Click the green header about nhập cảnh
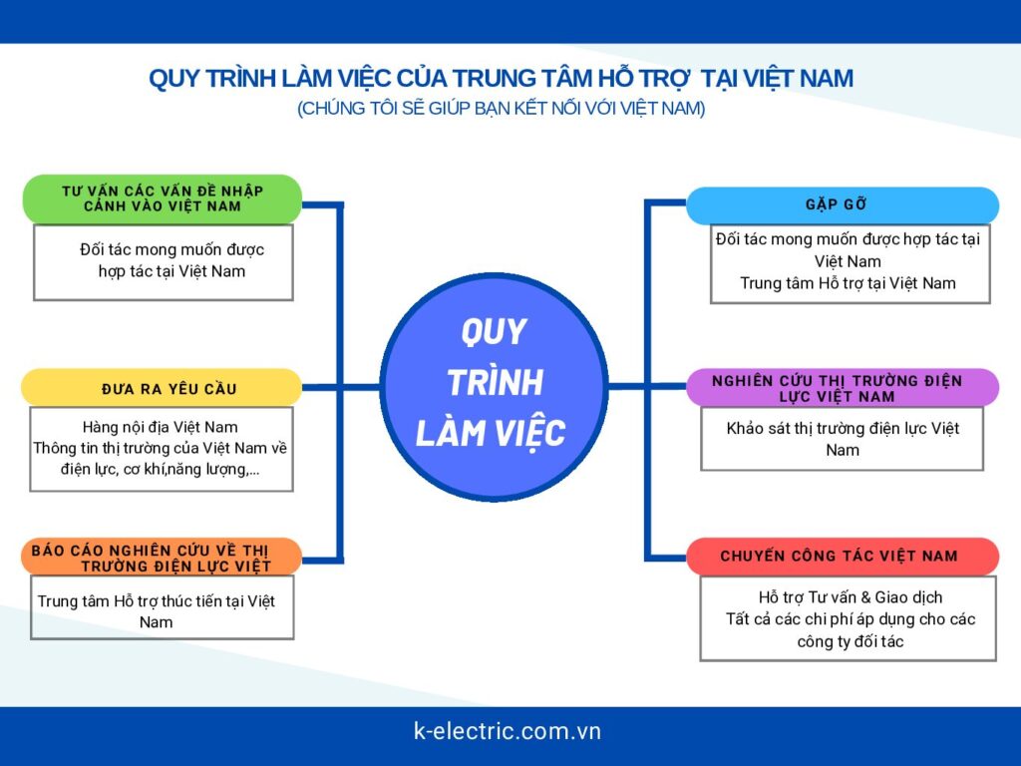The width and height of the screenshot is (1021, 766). (163, 198)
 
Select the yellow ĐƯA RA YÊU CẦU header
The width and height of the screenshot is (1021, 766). (162, 388)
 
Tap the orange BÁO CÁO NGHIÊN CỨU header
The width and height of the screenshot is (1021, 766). (162, 557)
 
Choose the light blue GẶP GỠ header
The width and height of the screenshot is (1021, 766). (843, 205)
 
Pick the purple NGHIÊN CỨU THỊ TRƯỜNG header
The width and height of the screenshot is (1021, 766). (843, 388)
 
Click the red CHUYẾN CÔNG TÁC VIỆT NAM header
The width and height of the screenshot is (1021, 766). (843, 557)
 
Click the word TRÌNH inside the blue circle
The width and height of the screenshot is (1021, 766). (495, 382)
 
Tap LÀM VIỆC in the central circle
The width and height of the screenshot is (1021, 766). (491, 433)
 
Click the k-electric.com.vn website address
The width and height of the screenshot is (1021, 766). (508, 731)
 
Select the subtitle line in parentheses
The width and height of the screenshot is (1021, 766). (501, 108)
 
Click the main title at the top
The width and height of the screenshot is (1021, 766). (501, 78)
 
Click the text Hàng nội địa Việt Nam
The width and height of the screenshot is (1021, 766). (161, 427)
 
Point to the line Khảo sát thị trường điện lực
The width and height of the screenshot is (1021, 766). (843, 428)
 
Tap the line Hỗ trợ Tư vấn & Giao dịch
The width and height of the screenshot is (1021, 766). (851, 597)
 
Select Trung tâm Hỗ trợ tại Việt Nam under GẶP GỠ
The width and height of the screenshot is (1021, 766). (848, 283)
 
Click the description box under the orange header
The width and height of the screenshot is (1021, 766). (163, 607)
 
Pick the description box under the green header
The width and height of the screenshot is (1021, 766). (164, 262)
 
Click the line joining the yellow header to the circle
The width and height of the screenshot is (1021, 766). (341, 388)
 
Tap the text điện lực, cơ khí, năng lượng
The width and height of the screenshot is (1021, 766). (161, 469)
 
